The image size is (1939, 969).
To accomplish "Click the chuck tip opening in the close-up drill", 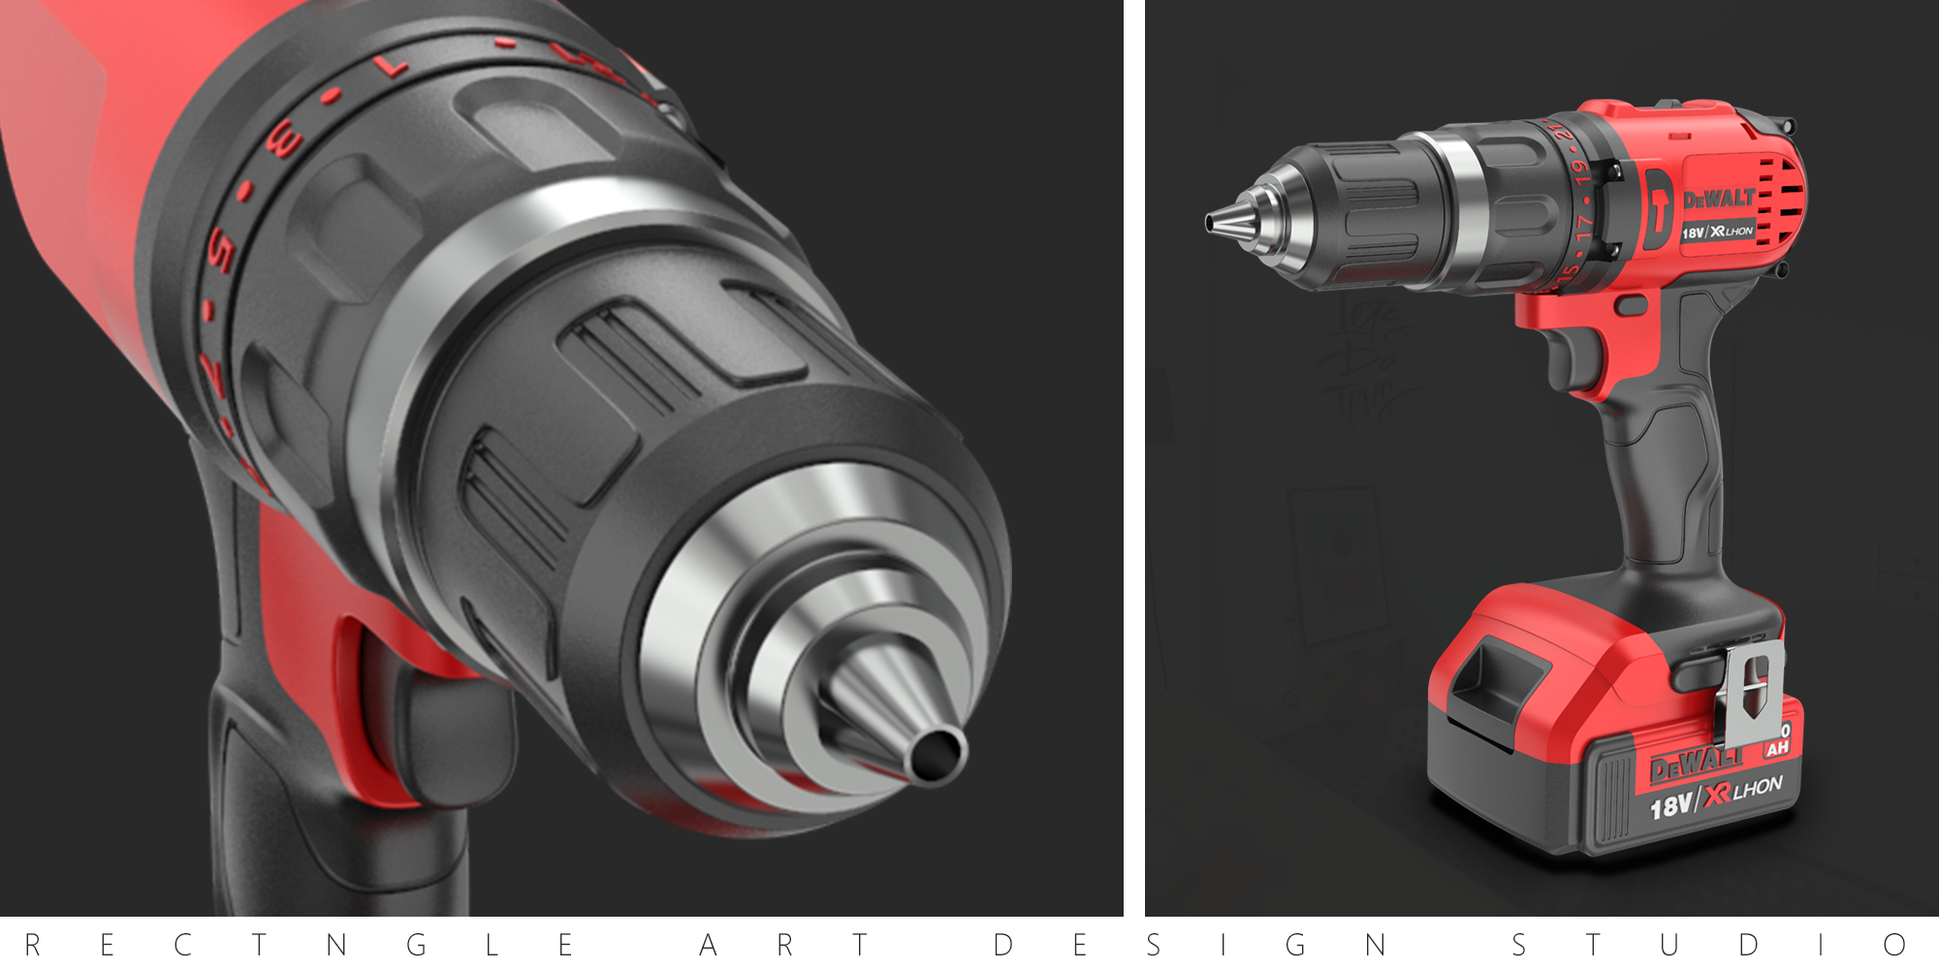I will (x=938, y=754).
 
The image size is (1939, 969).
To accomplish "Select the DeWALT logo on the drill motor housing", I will (x=1719, y=200).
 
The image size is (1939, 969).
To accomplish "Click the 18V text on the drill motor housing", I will (x=1693, y=234).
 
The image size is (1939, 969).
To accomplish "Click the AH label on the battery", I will (x=1777, y=748).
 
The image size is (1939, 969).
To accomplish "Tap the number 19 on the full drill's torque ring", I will (x=1581, y=172).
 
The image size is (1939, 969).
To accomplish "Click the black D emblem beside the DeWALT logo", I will (x=1658, y=209).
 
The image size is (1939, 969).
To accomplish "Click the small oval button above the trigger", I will (x=1632, y=305).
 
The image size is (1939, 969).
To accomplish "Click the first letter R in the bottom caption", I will (x=32, y=945).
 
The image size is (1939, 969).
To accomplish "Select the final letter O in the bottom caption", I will (x=1895, y=945).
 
